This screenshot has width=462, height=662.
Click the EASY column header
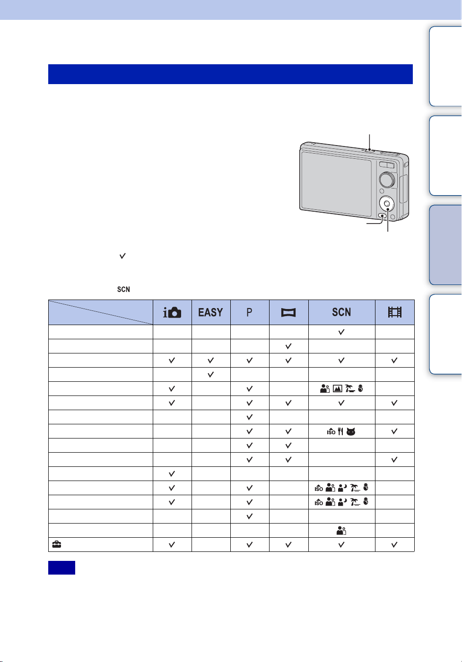[x=210, y=312]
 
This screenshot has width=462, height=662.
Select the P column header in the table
[x=249, y=312]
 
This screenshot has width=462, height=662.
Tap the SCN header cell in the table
[x=341, y=312]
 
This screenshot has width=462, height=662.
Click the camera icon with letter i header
[x=172, y=312]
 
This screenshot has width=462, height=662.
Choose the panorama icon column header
[x=288, y=312]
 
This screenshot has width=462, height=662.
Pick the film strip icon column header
[x=394, y=312]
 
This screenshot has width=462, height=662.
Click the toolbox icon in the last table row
[x=56, y=544]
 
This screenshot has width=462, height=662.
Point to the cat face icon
[x=351, y=432]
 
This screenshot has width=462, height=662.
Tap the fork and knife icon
[x=340, y=431]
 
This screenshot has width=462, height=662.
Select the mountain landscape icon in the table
[x=337, y=388]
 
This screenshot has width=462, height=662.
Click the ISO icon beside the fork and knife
[x=331, y=432]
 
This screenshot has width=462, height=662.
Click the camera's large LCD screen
[x=336, y=184]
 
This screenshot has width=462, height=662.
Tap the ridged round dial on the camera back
[x=387, y=180]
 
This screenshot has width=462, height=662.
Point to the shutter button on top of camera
[x=369, y=150]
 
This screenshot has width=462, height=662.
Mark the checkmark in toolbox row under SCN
[x=341, y=545]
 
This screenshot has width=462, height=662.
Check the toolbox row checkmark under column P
[x=249, y=545]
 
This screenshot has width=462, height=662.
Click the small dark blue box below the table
[x=61, y=567]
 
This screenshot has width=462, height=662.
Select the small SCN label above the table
[x=123, y=289]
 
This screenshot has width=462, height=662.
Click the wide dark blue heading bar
[x=230, y=74]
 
